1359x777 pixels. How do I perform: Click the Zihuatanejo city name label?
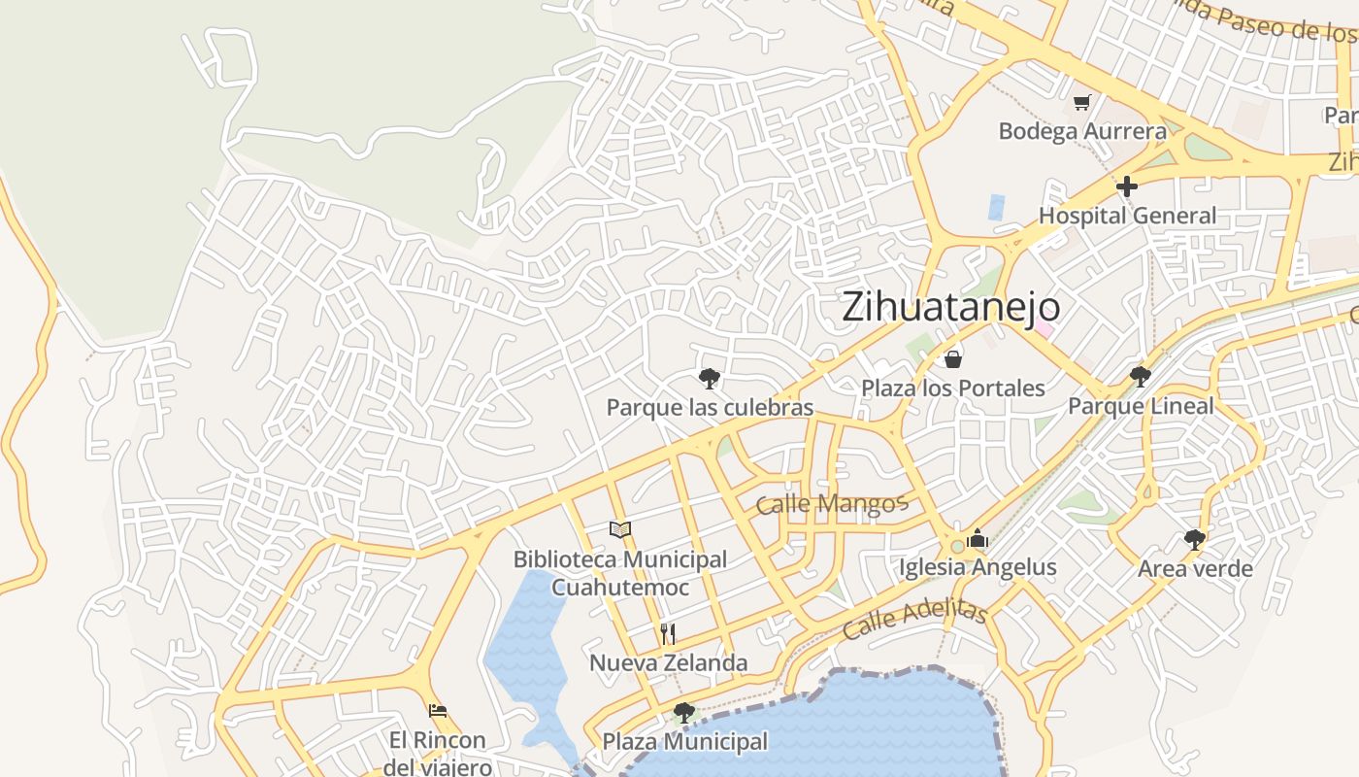click(950, 307)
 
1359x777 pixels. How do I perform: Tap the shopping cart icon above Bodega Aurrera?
click(1081, 102)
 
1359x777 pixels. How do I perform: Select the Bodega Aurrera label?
click(1082, 131)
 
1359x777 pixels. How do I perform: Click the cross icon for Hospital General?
click(1126, 186)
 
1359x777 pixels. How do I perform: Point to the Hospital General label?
click(1127, 216)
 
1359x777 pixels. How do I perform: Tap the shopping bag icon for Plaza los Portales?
click(953, 360)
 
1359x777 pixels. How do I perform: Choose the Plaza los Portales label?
click(953, 388)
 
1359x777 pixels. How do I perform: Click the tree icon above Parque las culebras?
click(709, 378)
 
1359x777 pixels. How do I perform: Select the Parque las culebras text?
click(710, 407)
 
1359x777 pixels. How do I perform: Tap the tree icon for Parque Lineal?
click(1141, 376)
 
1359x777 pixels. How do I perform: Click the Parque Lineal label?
click(1141, 405)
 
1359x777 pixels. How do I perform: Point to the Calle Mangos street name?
click(830, 504)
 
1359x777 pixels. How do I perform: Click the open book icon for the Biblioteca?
click(620, 529)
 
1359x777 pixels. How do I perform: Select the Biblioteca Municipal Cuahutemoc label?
click(620, 573)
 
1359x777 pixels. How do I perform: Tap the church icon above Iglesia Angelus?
click(977, 538)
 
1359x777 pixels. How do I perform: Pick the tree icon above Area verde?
click(1195, 539)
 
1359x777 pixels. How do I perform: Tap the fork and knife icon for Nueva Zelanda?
click(668, 634)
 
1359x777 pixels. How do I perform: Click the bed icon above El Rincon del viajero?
click(438, 711)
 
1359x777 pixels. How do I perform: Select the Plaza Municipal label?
click(684, 742)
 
